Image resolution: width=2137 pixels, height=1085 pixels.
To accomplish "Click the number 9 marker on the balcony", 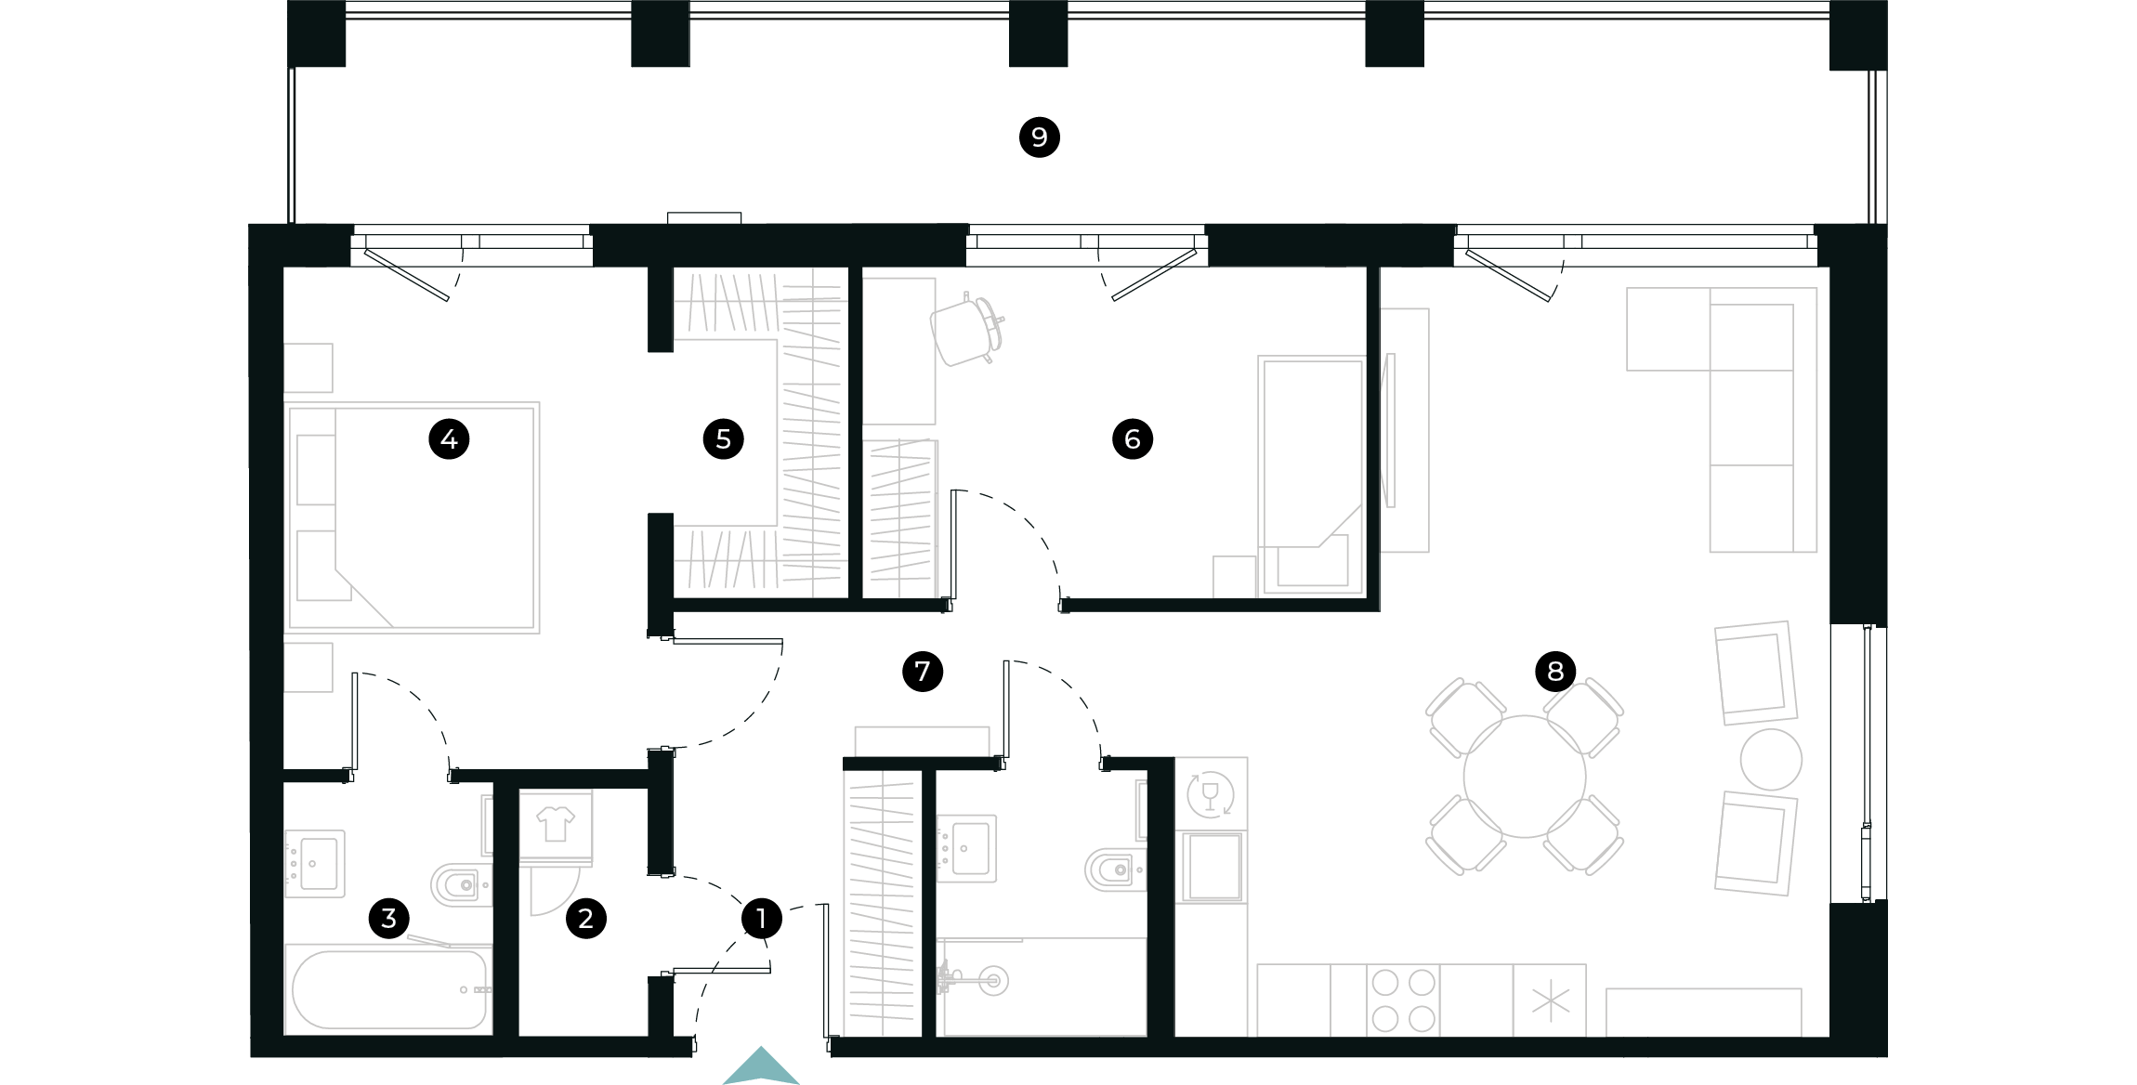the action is coord(1039,137).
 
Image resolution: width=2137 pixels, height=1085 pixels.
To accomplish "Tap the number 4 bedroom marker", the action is coord(449,438).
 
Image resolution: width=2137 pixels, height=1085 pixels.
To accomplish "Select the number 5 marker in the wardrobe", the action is coord(724,438).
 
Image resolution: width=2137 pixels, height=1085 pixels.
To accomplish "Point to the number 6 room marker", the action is coord(1133,438).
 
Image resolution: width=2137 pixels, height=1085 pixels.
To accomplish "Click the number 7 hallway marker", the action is coord(923,671).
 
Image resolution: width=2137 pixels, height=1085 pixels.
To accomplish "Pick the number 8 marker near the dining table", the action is coord(1555,671).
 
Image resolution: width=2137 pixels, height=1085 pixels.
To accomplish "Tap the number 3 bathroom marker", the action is coord(389,918).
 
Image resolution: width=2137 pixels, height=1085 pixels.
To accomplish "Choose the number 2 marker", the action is coord(585,918).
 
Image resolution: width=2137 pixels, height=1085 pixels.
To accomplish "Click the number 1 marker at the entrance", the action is coord(762,918).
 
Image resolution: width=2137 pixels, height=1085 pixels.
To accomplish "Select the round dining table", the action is coord(1525,777).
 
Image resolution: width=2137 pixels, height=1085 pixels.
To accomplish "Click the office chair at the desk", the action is coord(967,330).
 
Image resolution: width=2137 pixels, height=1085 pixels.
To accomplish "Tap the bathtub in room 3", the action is coord(389,989).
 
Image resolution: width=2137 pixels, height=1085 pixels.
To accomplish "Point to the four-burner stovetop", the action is coord(1403,1000).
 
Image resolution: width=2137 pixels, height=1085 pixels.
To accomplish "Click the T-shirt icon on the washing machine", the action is coord(556,823).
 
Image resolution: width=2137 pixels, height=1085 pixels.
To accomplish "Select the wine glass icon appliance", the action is coord(1211,794).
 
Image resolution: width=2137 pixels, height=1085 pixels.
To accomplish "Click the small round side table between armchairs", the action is coord(1771,760).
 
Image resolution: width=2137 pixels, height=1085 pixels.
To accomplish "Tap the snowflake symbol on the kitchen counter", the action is coord(1550,1000).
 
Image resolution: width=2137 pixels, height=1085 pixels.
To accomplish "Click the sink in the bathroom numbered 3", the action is coord(315,864).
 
